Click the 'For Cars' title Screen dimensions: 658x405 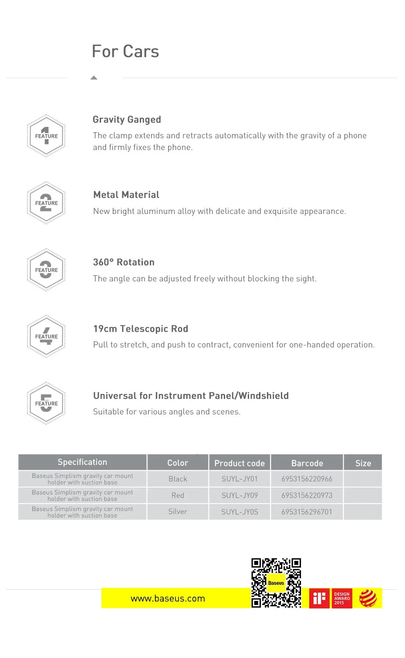point(125,52)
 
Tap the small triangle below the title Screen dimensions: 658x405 point(94,78)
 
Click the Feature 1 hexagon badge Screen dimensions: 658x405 point(46,136)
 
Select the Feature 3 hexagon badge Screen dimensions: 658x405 point(46,270)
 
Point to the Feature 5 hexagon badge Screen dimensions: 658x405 point(46,403)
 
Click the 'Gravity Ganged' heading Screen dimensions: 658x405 point(127,120)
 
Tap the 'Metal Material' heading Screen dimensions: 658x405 point(126,195)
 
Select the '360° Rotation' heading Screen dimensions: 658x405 point(124,262)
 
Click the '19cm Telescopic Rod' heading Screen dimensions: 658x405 point(141,329)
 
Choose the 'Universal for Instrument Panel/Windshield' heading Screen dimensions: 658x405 point(191,396)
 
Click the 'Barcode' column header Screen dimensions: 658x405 point(307,463)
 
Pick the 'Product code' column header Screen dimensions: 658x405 point(240,463)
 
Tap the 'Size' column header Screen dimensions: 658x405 point(363,463)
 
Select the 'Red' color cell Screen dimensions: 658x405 point(178,495)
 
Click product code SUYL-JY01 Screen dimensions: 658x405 point(240,479)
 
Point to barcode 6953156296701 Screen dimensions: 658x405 point(307,512)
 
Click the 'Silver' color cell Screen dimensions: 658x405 point(178,512)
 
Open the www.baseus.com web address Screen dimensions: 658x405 point(168,598)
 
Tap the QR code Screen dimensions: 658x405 point(276,583)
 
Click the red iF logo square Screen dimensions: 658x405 point(319,598)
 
